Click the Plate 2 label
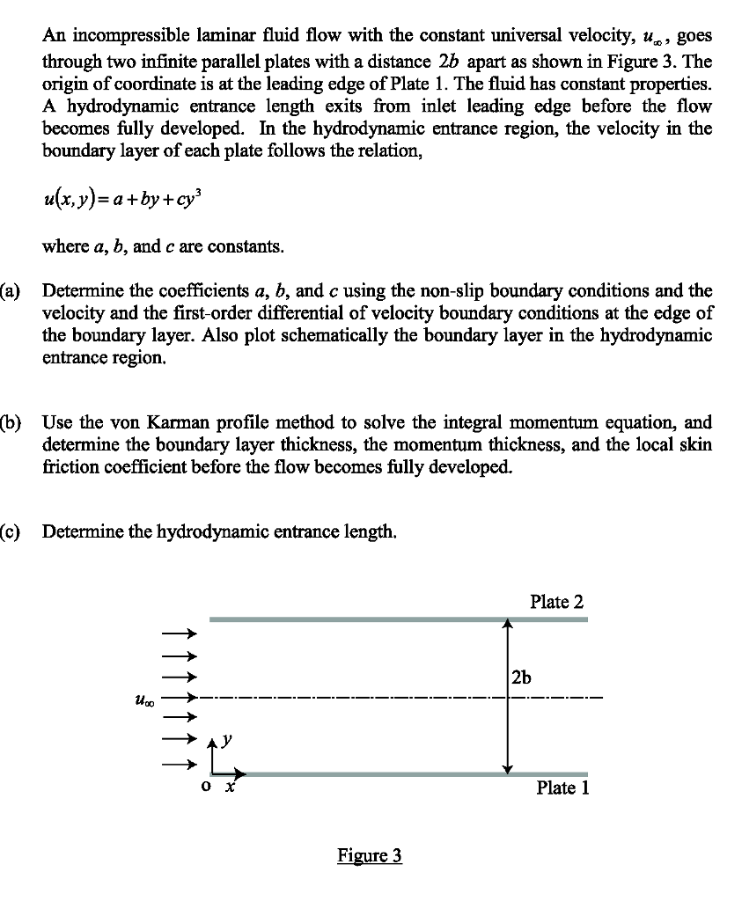tap(556, 602)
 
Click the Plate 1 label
tap(562, 787)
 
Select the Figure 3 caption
tap(370, 855)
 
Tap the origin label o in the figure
tap(204, 787)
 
